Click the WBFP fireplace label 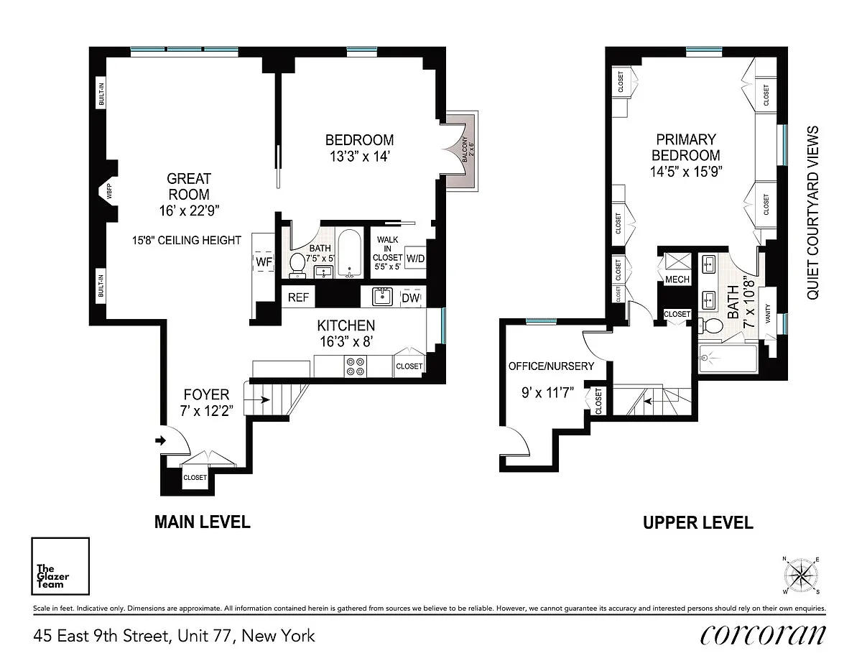[109, 191]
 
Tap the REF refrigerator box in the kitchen [298, 297]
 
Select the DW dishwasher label [411, 297]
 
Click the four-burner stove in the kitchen [356, 366]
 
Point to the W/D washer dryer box [415, 258]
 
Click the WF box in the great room [264, 262]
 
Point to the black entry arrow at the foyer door [160, 440]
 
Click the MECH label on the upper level [677, 279]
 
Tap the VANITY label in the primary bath [768, 313]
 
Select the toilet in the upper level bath [710, 326]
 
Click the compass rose [801, 575]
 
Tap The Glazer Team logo [60, 566]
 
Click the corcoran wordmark [763, 635]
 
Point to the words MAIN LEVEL [203, 522]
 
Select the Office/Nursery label [552, 366]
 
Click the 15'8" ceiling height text [187, 241]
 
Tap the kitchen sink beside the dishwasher [382, 297]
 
